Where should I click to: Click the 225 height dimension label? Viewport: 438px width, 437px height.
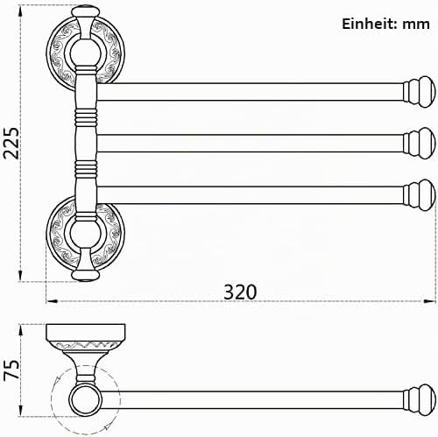click(11, 143)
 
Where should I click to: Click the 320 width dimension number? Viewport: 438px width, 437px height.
click(240, 292)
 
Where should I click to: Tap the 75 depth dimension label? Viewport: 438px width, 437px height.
click(11, 370)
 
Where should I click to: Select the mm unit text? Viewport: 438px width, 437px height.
click(416, 25)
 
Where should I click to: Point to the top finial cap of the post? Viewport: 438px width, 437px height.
click(86, 12)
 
